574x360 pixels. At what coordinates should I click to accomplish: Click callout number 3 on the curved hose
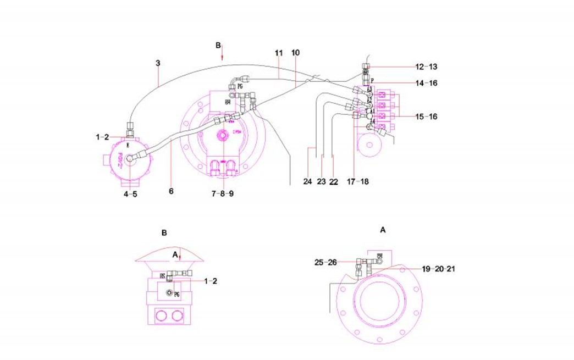158,63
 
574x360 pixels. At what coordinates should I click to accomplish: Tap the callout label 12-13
426,67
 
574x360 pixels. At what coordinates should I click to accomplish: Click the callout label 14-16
426,83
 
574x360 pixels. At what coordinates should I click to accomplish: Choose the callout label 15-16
426,117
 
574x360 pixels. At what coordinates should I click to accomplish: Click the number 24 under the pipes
307,181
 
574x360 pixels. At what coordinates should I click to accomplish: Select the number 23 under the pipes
322,181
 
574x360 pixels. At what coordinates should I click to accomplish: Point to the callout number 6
170,191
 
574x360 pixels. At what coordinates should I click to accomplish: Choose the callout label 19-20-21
438,269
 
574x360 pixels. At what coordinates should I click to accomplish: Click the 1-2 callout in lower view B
211,281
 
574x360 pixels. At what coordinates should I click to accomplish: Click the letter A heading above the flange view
383,231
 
